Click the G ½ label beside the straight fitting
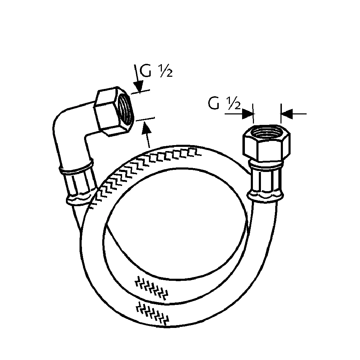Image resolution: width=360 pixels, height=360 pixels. click(224, 103)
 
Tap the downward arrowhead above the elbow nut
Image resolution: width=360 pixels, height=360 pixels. click(139, 86)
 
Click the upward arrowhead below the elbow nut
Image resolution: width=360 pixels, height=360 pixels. click(146, 127)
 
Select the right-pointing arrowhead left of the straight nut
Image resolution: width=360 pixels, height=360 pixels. click(248, 114)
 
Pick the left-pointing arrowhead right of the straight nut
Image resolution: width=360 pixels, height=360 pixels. click(286, 114)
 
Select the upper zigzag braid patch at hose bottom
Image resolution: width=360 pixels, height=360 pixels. click(151, 287)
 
